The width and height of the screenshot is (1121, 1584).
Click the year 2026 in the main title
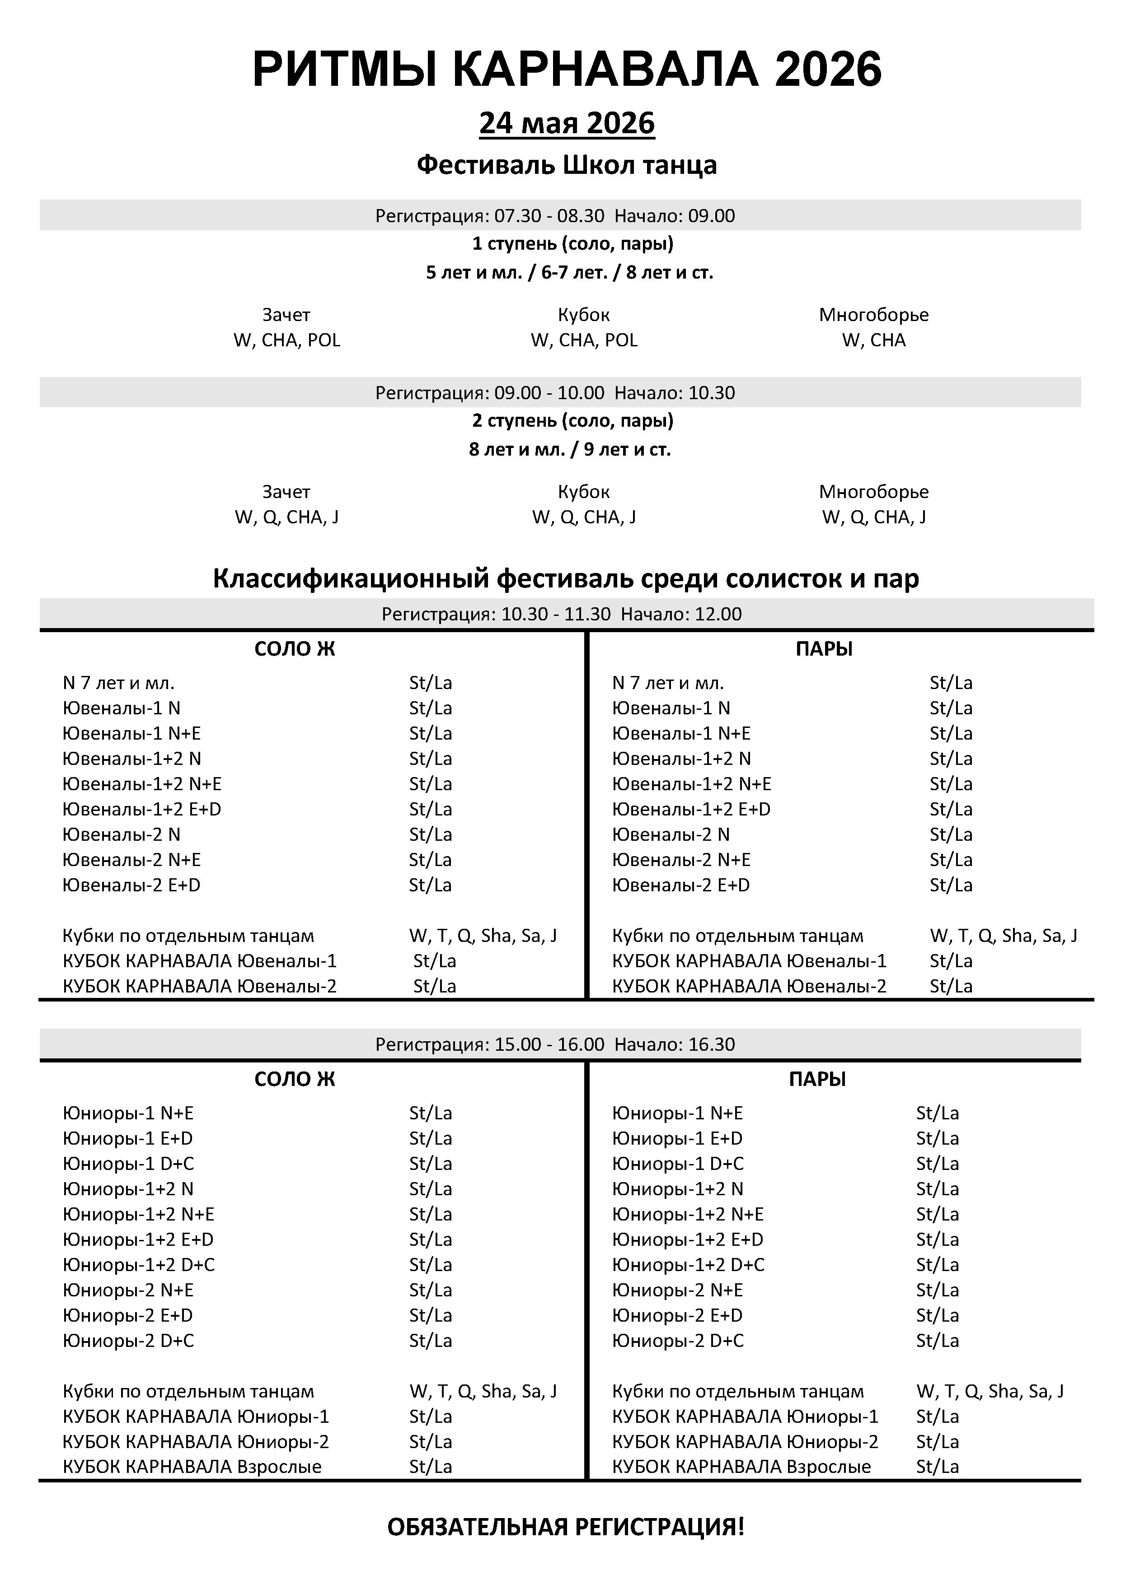click(828, 70)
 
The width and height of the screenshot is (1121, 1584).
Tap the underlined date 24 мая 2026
click(567, 123)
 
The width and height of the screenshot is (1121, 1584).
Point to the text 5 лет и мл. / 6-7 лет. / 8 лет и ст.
click(569, 273)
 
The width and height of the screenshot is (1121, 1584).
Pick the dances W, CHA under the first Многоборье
click(873, 340)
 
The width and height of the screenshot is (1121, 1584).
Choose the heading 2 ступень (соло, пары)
click(572, 420)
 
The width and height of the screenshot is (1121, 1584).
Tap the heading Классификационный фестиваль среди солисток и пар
click(566, 578)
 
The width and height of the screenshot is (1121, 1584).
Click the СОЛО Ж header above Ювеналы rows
click(295, 649)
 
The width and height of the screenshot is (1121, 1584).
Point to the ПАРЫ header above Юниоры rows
click(817, 1079)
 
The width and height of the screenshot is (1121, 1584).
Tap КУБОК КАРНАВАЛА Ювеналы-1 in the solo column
click(200, 961)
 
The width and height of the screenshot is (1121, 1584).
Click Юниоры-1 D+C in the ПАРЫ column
click(677, 1164)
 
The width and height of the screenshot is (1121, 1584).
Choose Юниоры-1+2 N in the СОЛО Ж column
click(128, 1189)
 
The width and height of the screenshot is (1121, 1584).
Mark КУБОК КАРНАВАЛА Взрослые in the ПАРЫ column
click(741, 1467)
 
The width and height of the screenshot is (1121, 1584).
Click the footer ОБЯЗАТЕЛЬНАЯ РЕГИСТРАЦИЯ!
click(566, 1527)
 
